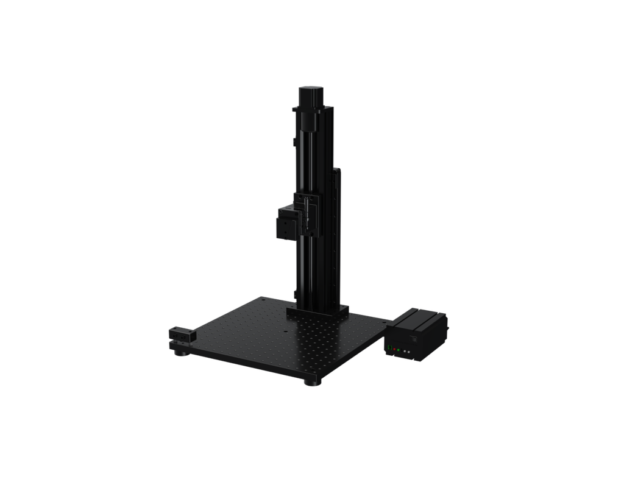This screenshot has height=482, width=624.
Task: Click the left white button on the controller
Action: [405, 352]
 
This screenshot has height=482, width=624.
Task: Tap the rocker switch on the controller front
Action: [413, 339]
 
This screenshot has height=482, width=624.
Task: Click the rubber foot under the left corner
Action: [179, 352]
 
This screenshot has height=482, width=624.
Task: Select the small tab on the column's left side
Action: [295, 141]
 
